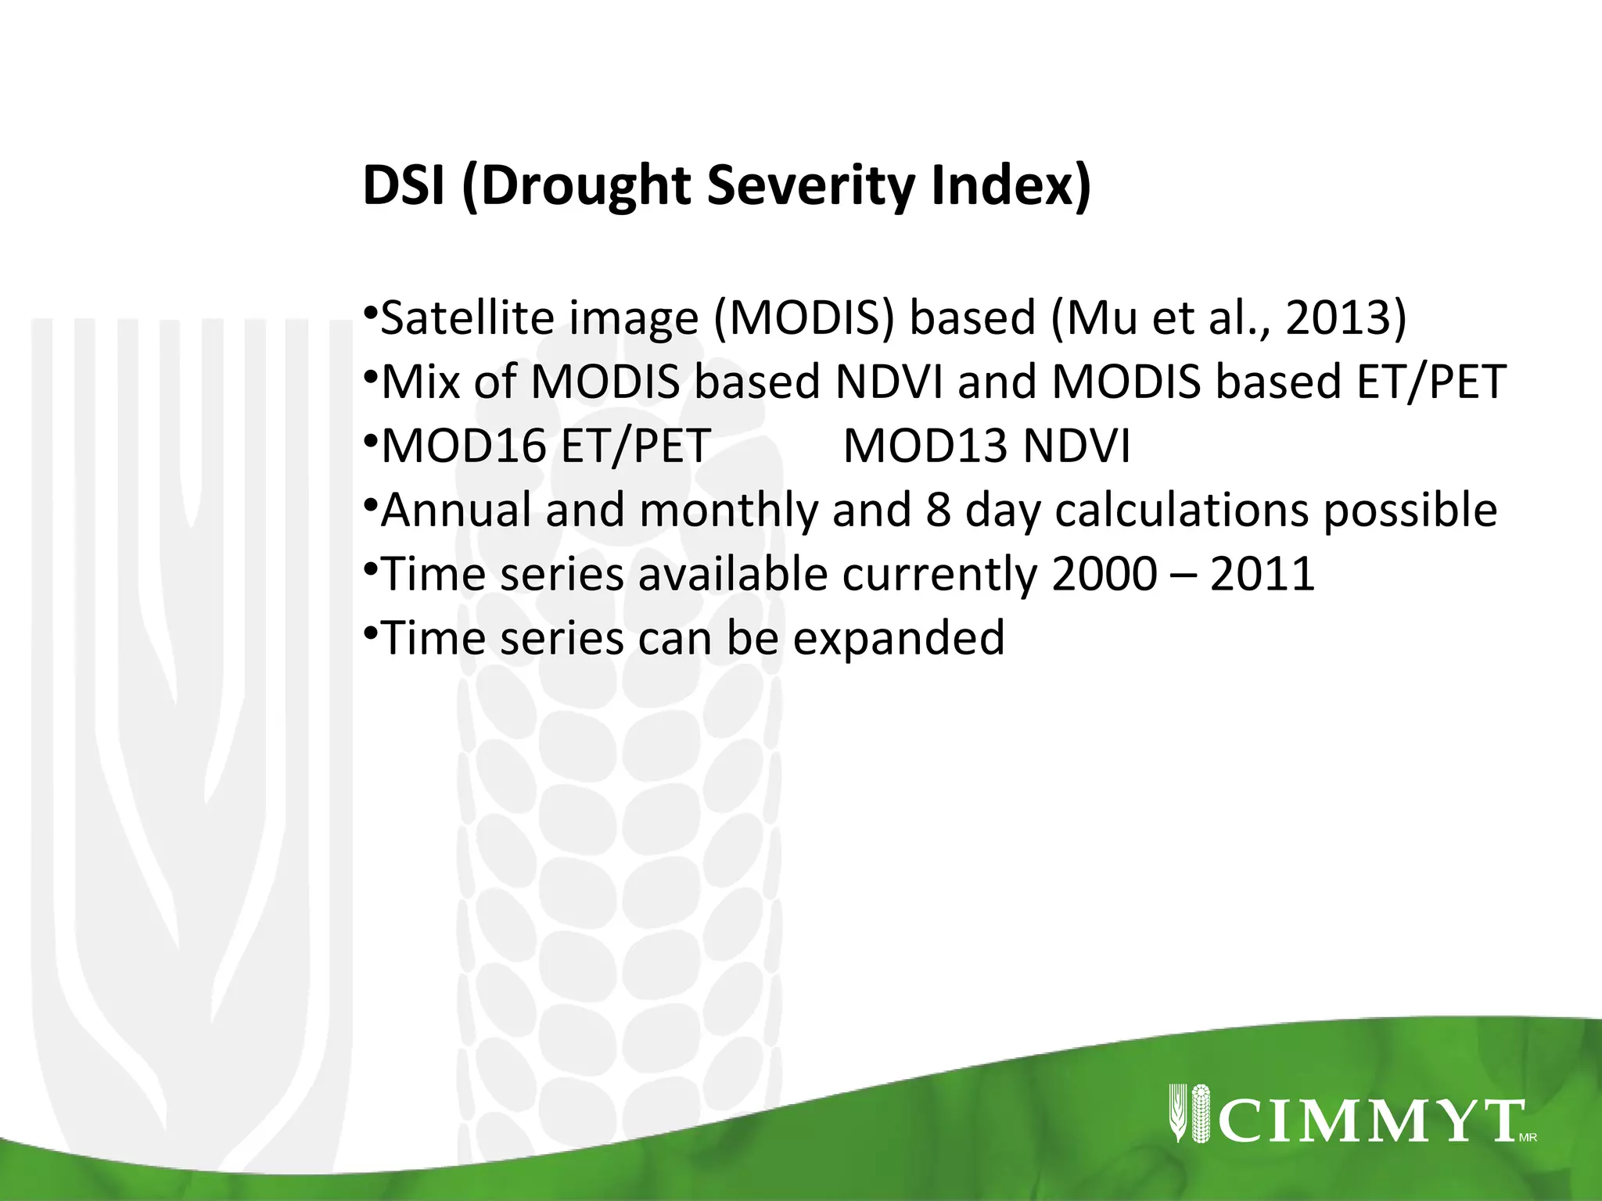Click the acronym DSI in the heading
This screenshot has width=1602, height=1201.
tap(404, 186)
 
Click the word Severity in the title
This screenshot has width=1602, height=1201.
tap(810, 186)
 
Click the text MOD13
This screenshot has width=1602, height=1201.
tap(925, 446)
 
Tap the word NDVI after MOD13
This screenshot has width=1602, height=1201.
tap(1076, 446)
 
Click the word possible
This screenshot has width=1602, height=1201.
tap(1410, 511)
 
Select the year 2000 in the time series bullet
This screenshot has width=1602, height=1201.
tap(1104, 575)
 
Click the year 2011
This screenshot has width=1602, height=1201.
tap(1263, 575)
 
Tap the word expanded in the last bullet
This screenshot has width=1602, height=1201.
tap(899, 639)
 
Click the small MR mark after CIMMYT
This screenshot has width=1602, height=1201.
tap(1528, 1138)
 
